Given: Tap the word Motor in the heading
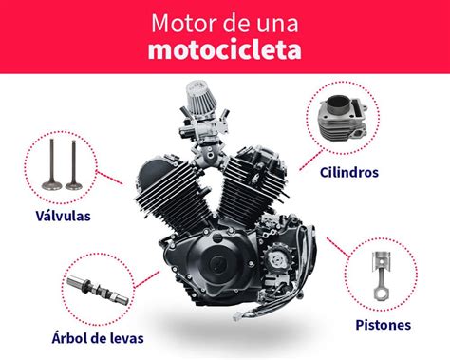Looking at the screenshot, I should pos(180,21).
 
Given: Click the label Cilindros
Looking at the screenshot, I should pos(351,173).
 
